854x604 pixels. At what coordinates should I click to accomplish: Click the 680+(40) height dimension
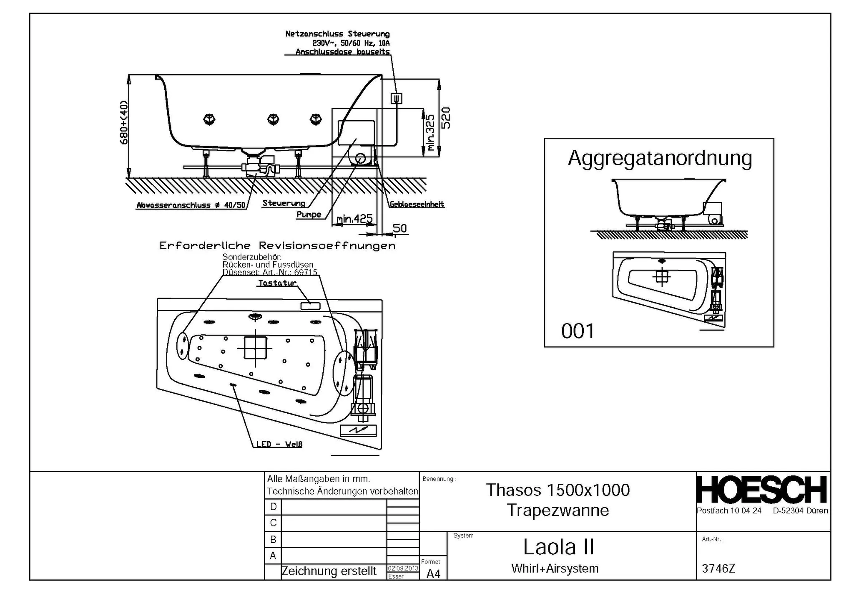click(124, 123)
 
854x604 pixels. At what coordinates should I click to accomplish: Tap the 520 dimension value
click(446, 118)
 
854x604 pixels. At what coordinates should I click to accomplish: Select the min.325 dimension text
click(430, 133)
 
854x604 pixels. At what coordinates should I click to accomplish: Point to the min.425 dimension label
click(354, 218)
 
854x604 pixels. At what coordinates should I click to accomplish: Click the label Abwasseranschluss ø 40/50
click(191, 205)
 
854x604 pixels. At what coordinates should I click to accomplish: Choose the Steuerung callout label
click(284, 203)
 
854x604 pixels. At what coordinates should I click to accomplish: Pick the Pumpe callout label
click(309, 215)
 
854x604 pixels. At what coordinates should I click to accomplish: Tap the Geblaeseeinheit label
click(417, 205)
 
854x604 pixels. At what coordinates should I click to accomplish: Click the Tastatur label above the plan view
click(277, 283)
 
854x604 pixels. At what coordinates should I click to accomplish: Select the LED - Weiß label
click(279, 444)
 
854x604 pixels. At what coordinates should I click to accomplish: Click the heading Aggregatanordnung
click(660, 158)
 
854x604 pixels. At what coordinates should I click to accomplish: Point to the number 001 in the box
click(578, 331)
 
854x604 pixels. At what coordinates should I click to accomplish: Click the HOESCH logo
click(761, 490)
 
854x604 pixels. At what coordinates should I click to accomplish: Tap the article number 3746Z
click(718, 569)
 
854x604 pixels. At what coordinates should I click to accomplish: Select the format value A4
click(433, 574)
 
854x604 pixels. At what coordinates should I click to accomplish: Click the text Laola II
click(558, 547)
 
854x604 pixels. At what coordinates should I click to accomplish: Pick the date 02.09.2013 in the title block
click(403, 568)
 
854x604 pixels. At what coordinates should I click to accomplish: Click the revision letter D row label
click(273, 507)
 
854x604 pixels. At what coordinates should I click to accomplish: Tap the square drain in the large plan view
click(255, 348)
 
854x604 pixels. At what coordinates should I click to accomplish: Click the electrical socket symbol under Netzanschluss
click(396, 99)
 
